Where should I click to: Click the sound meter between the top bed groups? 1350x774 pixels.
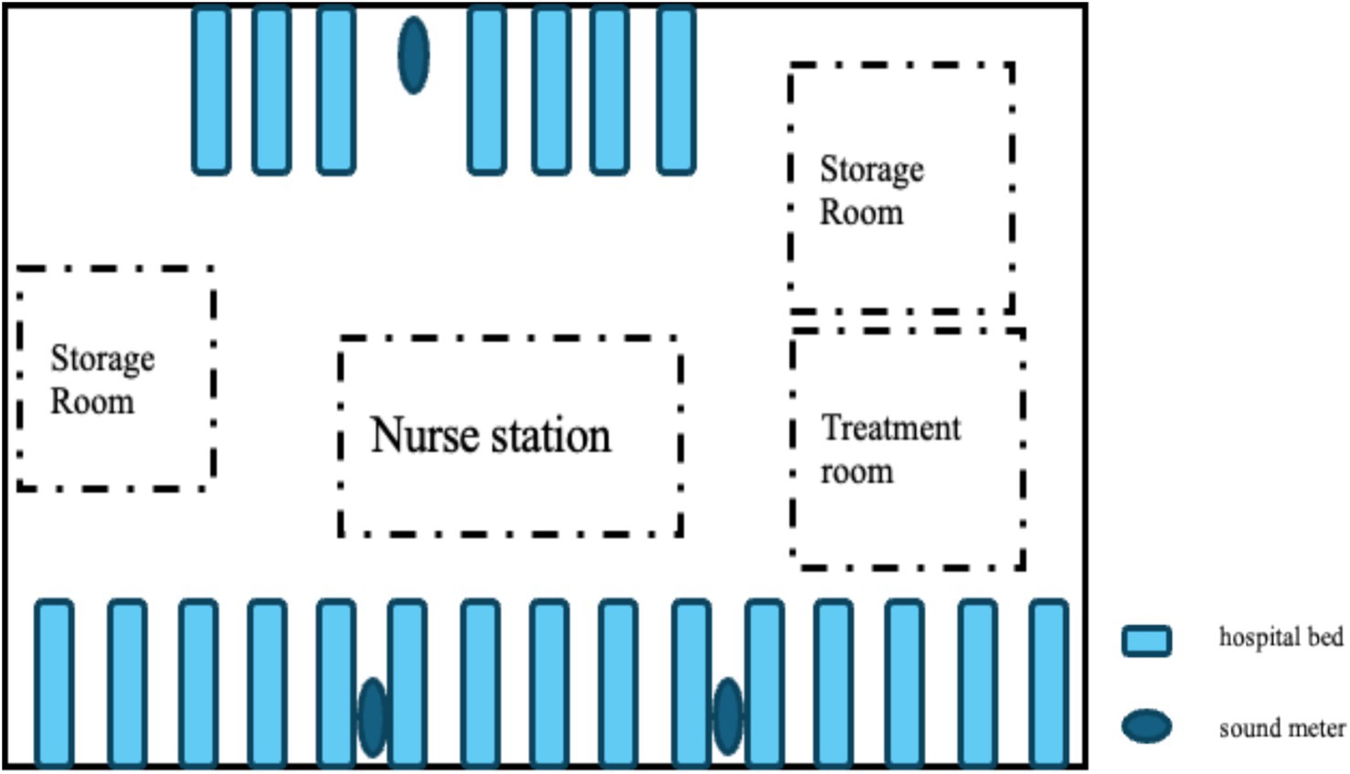click(413, 55)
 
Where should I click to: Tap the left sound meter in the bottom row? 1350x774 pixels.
click(372, 717)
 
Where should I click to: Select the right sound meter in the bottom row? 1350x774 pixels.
click(728, 717)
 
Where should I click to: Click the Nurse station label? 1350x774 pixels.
click(490, 435)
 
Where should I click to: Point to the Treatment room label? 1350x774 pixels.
click(889, 450)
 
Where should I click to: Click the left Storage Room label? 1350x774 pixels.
click(101, 379)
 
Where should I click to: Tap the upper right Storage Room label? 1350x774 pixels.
click(870, 190)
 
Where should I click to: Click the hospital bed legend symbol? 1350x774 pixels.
click(1146, 640)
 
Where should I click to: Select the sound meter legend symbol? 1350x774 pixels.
click(1146, 726)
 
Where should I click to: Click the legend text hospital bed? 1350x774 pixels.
click(1281, 637)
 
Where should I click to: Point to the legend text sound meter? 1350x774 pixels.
click(1281, 728)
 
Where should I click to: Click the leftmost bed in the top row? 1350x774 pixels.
click(211, 89)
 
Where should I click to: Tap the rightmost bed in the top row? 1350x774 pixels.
click(676, 89)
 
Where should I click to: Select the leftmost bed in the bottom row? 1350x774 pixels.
click(54, 682)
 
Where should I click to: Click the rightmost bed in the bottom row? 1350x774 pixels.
click(1048, 682)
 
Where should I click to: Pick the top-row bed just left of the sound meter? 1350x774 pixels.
click(335, 89)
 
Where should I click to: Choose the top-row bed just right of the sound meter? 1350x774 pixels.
click(486, 89)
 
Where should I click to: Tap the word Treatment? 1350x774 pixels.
click(891, 428)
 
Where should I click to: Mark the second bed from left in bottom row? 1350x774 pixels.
click(126, 682)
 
